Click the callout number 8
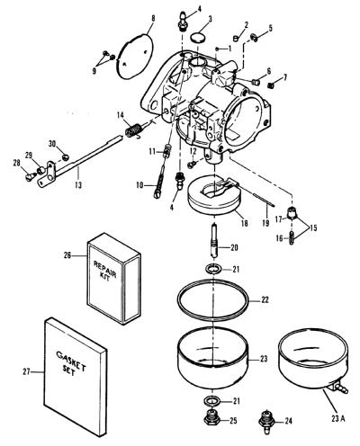(x=153, y=18)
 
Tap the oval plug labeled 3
(x=198, y=39)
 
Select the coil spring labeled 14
(x=133, y=130)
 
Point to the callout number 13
(x=78, y=185)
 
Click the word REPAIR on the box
(x=104, y=270)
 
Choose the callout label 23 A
(x=338, y=418)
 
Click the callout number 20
(x=234, y=247)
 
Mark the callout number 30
(x=52, y=144)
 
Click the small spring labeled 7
(x=270, y=85)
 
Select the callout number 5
(x=271, y=29)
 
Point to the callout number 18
(x=245, y=223)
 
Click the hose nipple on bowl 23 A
(x=341, y=388)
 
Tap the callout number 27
(x=27, y=371)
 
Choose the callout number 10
(x=139, y=185)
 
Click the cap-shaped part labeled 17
(x=292, y=213)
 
